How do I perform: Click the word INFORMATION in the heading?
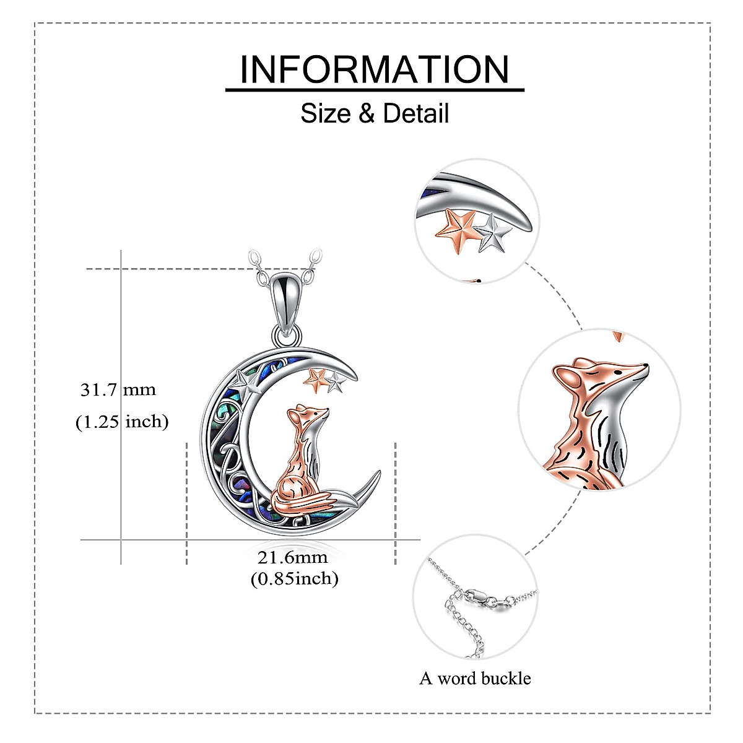tap(375, 69)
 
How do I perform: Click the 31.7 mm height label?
tap(118, 390)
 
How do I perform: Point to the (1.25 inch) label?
tap(122, 422)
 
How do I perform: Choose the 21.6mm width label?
tap(292, 557)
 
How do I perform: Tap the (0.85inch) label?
tap(295, 579)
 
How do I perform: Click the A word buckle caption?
tap(475, 679)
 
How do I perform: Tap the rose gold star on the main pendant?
tap(316, 378)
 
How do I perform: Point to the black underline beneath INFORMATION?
tap(375, 90)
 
